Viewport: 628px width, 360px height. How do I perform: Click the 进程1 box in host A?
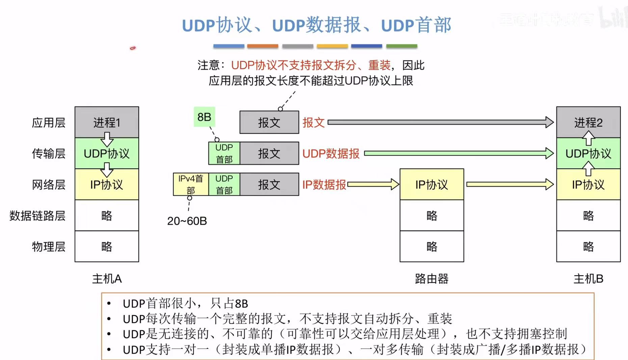coord(107,122)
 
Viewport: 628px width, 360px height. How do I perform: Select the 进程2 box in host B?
coord(588,122)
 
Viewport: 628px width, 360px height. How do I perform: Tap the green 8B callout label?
coord(204,117)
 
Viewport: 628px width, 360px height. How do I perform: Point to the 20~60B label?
coord(187,221)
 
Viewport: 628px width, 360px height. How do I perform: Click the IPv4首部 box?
coord(190,184)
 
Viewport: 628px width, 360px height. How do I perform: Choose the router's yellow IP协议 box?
coord(431,184)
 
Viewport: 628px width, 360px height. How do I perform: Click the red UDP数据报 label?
coord(331,154)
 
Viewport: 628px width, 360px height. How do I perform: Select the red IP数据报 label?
coord(324,185)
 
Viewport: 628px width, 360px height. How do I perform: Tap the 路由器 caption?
coord(431,279)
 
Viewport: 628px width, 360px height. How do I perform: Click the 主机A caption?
coord(107,279)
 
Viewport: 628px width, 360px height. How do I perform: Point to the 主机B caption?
coord(588,279)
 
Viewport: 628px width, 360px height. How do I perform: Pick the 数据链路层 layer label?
coord(37,216)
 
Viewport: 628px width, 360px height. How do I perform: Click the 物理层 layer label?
coord(48,247)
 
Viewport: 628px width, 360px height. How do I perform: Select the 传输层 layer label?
coord(48,154)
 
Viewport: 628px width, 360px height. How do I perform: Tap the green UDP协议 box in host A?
coord(107,154)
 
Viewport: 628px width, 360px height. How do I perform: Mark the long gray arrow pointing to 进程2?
coord(439,122)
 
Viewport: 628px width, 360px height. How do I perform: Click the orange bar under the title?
coord(262,46)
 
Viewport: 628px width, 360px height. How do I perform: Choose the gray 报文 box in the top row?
coord(269,122)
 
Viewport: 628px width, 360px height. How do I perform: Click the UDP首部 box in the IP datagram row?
coord(224,184)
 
